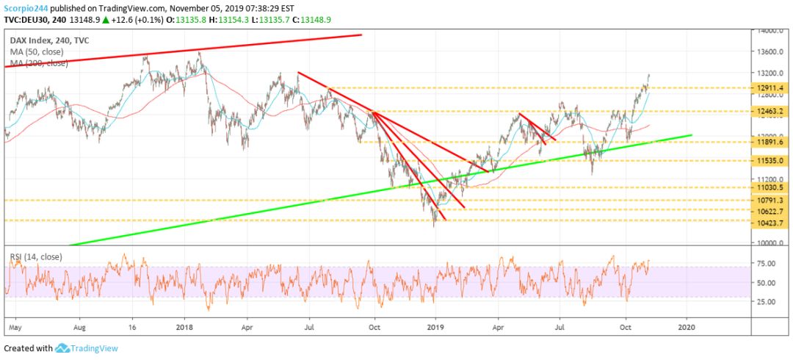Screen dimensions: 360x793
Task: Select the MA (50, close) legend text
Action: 37,52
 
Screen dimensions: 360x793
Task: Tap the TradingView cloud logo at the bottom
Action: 62,348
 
